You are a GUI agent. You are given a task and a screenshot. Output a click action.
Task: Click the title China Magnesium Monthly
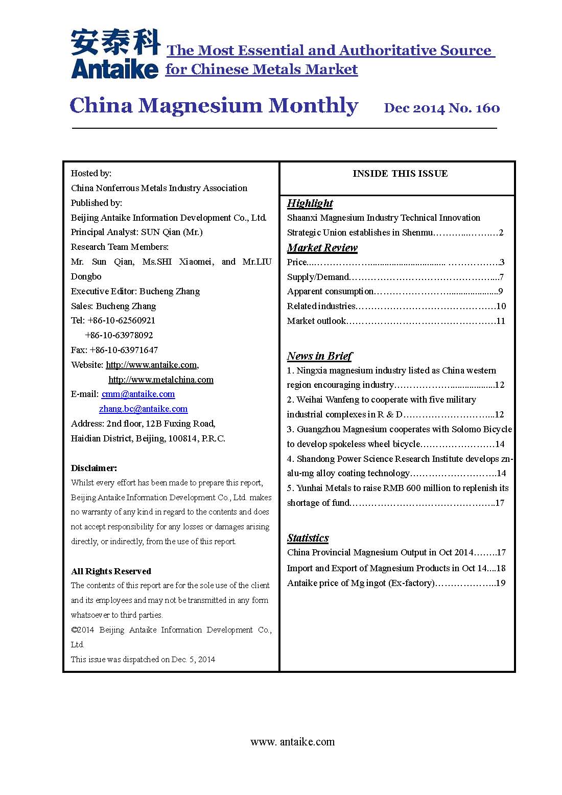(214, 106)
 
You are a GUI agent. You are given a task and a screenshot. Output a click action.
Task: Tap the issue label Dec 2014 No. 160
(441, 108)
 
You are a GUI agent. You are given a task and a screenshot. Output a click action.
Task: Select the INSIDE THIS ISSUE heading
(400, 174)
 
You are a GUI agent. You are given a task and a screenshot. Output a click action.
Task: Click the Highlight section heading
(310, 203)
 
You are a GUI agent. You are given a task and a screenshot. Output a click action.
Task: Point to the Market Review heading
(322, 248)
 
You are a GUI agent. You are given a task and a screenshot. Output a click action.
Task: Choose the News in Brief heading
(319, 356)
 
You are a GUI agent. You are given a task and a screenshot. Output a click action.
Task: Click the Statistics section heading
(308, 538)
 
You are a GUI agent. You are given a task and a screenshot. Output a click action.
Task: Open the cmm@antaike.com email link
(138, 394)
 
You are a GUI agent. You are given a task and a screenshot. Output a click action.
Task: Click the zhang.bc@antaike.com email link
(143, 409)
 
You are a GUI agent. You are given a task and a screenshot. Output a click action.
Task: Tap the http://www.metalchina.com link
(161, 380)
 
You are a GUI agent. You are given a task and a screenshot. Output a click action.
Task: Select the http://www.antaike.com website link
(151, 365)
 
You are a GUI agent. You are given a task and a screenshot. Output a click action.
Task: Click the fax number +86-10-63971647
(124, 350)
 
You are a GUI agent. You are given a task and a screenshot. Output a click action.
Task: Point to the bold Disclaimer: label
(94, 468)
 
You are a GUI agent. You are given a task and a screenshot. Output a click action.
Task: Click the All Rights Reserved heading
(111, 571)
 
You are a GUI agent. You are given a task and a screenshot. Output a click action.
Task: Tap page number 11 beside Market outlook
(501, 321)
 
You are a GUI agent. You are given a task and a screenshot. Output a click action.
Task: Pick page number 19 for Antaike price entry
(501, 583)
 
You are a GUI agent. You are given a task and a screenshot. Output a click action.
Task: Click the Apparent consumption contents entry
(330, 291)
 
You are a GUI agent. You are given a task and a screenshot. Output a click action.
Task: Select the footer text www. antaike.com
(292, 742)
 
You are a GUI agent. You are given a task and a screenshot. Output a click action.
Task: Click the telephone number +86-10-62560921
(121, 320)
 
